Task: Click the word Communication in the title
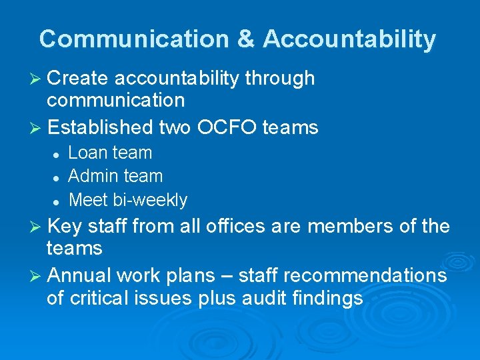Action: coord(133,39)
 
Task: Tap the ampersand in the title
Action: coord(245,39)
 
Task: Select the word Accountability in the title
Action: coord(349,39)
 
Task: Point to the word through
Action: coord(279,79)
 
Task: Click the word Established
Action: coord(101,127)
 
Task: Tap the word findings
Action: coord(328,298)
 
